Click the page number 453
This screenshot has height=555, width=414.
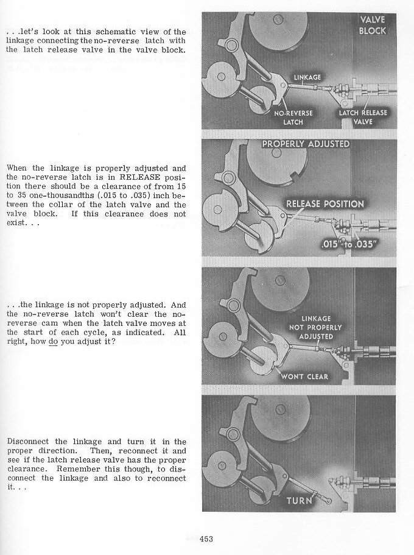(204, 538)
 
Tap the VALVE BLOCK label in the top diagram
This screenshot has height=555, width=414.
(372, 26)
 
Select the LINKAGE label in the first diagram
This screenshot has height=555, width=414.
(307, 77)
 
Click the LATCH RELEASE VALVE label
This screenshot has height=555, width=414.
(363, 117)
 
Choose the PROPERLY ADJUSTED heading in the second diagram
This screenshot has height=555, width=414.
(306, 144)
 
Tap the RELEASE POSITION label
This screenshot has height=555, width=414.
(325, 203)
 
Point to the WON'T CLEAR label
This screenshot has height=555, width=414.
(304, 376)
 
